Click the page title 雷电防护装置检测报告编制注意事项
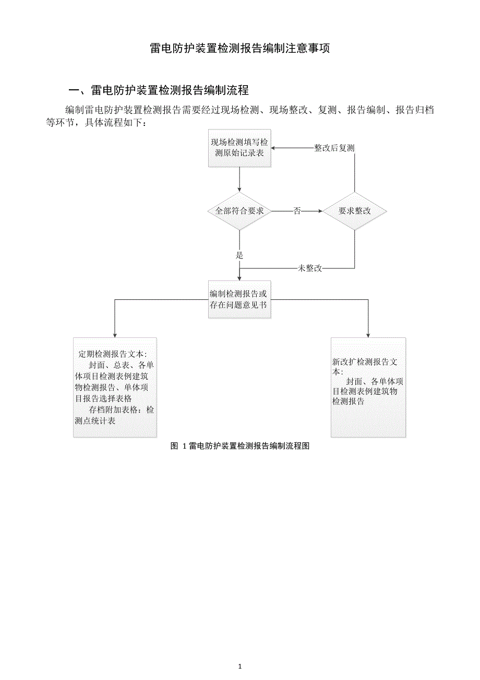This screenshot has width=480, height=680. (240, 49)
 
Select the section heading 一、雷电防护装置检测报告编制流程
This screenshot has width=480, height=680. (159, 90)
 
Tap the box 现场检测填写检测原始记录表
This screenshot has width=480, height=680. (239, 148)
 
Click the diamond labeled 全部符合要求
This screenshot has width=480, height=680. (239, 211)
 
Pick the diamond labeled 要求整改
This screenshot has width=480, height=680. (355, 211)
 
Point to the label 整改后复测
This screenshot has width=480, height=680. (334, 148)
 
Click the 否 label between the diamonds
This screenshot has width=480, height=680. (297, 211)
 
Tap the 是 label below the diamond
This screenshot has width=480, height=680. (240, 255)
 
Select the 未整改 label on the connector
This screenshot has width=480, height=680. (309, 268)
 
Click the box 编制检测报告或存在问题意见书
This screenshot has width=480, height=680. (239, 299)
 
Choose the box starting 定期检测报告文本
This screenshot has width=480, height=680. (115, 387)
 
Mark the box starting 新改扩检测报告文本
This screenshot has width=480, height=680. (368, 387)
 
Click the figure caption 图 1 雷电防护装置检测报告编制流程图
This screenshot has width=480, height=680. (240, 446)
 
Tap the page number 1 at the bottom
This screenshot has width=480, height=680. (239, 666)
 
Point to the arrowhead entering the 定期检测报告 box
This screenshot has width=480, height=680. (115, 335)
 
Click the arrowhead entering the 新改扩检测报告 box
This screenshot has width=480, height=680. (368, 335)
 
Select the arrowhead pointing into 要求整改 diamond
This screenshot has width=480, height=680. (320, 211)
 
